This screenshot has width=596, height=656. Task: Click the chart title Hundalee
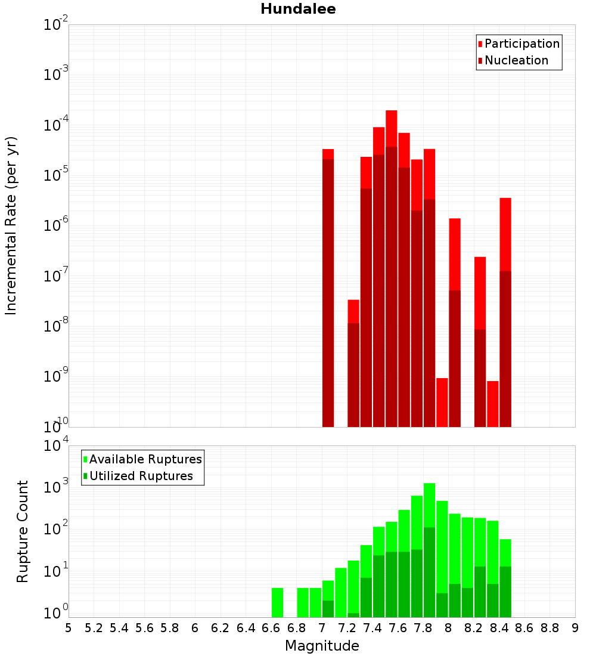click(x=298, y=9)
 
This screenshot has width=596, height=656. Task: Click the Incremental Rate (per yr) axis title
click(x=11, y=225)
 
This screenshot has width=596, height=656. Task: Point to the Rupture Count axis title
click(x=23, y=531)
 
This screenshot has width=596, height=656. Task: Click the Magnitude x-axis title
click(x=322, y=646)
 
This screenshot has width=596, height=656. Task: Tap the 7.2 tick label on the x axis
click(x=347, y=628)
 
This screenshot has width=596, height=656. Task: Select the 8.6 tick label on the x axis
click(x=524, y=628)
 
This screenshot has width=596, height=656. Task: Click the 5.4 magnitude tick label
click(x=119, y=628)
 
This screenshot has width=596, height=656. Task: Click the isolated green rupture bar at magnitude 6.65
click(x=277, y=602)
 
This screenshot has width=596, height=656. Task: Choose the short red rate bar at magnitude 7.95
click(x=442, y=402)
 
